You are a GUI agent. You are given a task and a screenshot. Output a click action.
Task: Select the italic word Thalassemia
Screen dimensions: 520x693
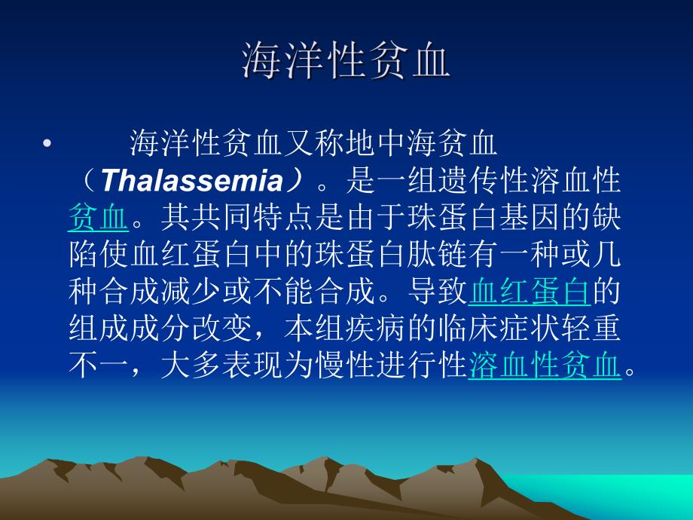[x=190, y=181]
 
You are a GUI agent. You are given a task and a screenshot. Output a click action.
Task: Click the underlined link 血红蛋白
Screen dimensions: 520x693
[x=528, y=293]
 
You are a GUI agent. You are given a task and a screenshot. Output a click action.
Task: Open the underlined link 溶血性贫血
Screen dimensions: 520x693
[x=544, y=367]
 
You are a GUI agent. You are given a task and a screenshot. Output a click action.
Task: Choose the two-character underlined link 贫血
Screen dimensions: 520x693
[x=97, y=219]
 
